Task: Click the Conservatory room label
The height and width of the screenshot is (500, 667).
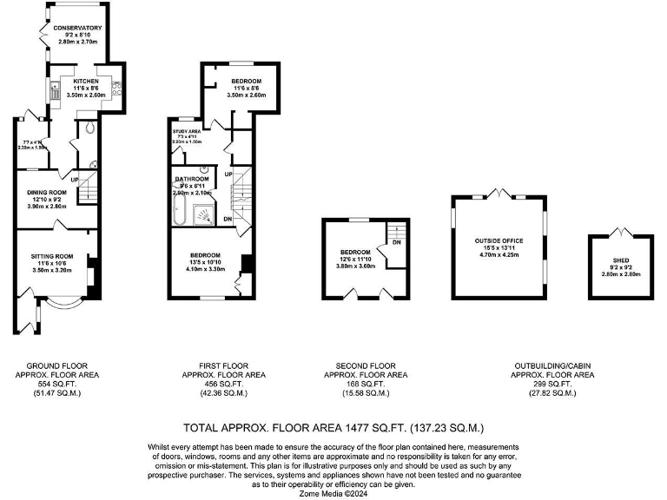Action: tap(78, 28)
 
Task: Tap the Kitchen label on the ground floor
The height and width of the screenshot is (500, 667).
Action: tap(85, 81)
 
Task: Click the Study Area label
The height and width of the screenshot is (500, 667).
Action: tap(187, 131)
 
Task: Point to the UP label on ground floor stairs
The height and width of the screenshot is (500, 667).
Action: tap(75, 181)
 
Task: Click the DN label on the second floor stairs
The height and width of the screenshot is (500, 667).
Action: tap(396, 242)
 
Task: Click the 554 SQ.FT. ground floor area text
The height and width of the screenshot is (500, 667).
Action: tap(57, 385)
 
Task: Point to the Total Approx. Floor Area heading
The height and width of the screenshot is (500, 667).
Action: tap(333, 428)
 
